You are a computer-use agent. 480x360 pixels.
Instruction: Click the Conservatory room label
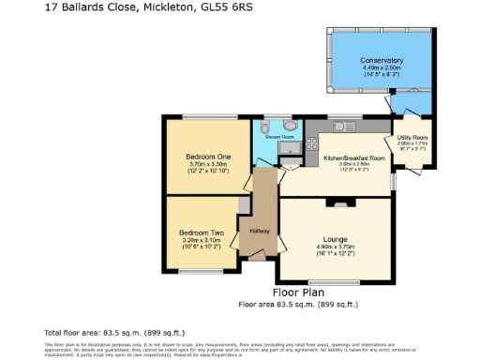coord(381,60)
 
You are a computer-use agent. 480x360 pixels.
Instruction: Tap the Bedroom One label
coord(208,156)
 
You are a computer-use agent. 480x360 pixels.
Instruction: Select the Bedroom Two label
coord(202,232)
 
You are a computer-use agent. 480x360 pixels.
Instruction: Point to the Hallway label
coord(260,231)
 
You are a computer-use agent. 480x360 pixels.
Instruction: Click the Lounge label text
coord(335,239)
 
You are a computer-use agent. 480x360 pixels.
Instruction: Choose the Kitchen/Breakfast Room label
coord(354,158)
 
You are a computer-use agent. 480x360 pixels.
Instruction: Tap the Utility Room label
coord(412,137)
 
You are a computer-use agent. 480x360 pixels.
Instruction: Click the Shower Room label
coord(279,137)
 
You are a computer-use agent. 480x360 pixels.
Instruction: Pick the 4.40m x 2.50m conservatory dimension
coord(381,67)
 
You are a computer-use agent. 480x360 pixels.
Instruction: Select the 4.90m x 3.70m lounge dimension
coord(335,247)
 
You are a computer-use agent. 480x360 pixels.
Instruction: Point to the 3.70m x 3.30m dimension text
coord(208,164)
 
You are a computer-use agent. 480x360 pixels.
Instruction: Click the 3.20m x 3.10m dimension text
coord(202,240)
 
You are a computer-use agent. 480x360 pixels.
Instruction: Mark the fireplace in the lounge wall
coord(335,201)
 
